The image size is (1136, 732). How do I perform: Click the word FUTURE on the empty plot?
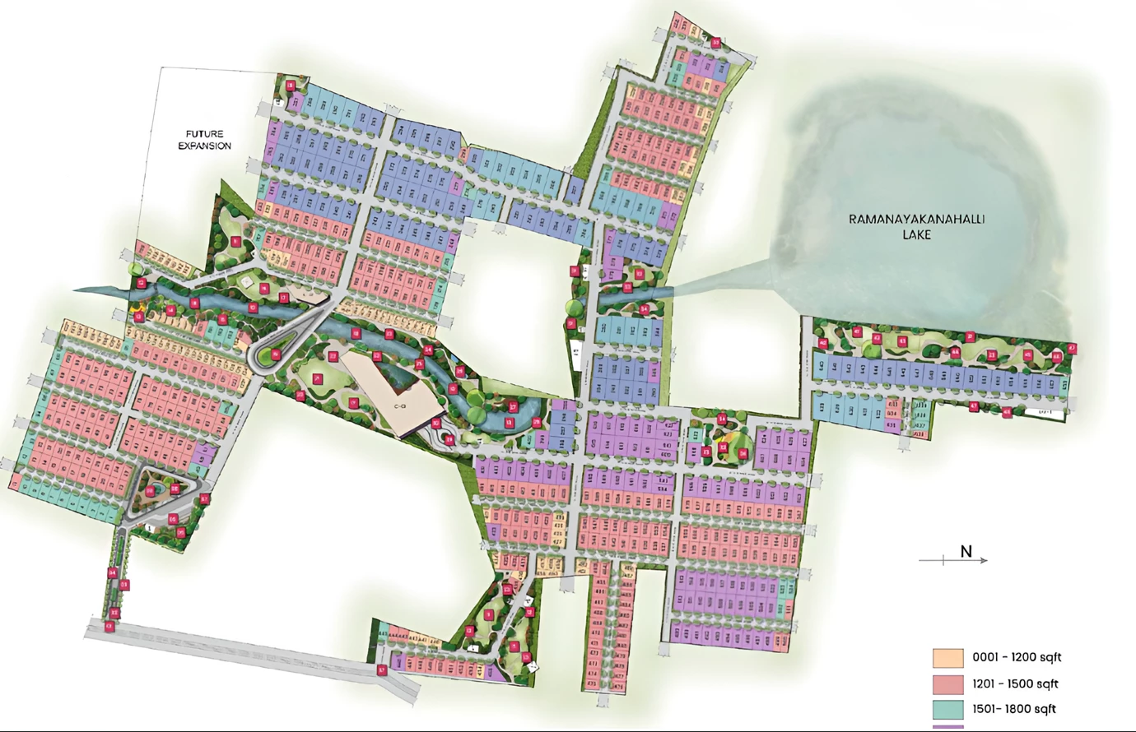pos(204,133)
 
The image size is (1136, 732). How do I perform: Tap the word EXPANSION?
pos(204,146)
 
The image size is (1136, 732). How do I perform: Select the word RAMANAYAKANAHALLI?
pos(916,220)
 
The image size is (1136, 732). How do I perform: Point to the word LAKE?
pos(916,234)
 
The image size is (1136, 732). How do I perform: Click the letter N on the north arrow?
pos(966,551)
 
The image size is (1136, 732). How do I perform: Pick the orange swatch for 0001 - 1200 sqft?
pos(947,658)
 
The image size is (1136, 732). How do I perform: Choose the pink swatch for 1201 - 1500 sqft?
pos(947,684)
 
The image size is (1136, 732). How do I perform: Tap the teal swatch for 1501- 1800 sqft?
pos(947,709)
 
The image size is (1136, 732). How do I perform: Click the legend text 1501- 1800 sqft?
pos(1014,709)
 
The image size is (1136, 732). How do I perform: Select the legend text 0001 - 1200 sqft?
pos(1017,658)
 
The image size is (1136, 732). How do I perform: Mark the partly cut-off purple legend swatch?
pos(947,727)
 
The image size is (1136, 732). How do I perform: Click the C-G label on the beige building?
pos(401,406)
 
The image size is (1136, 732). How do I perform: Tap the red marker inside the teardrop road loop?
pos(276,355)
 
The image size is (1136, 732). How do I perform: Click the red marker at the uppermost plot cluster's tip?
pos(716,43)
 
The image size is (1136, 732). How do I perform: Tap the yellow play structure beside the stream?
pos(138,316)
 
